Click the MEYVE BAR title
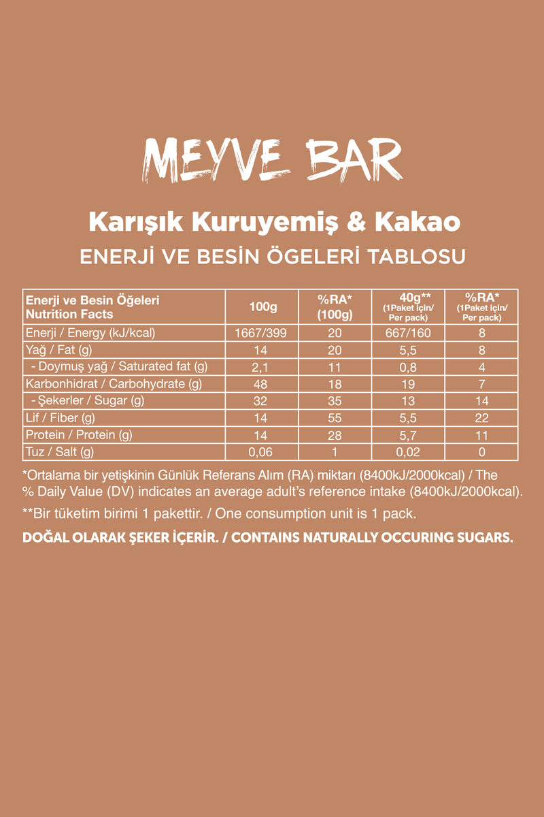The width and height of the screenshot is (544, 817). [x=272, y=161]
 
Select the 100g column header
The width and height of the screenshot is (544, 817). [x=262, y=307]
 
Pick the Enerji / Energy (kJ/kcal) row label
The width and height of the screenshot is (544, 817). [x=90, y=333]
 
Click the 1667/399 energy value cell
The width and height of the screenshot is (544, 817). [x=262, y=333]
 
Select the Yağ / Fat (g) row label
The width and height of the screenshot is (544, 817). [x=58, y=350]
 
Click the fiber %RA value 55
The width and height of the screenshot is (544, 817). [x=335, y=417]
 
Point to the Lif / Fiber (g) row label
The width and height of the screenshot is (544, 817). [x=60, y=417]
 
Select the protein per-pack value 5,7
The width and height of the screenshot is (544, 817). [x=407, y=434]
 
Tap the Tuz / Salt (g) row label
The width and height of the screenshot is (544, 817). [x=59, y=451]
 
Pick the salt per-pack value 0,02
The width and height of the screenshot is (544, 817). [x=407, y=451]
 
